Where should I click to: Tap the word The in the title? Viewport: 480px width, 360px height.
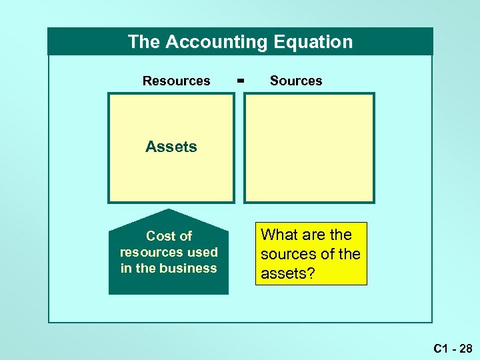(x=144, y=42)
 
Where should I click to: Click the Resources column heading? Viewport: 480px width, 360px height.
(x=176, y=81)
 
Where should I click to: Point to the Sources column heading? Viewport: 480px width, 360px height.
(x=296, y=81)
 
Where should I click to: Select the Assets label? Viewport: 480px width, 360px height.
(x=171, y=147)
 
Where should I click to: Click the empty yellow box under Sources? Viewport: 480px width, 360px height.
(x=309, y=147)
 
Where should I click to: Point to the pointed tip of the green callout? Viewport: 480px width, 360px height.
(x=169, y=211)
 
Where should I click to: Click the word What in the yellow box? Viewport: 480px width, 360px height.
(x=278, y=235)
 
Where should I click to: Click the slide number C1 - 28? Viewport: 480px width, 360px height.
(x=452, y=348)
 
